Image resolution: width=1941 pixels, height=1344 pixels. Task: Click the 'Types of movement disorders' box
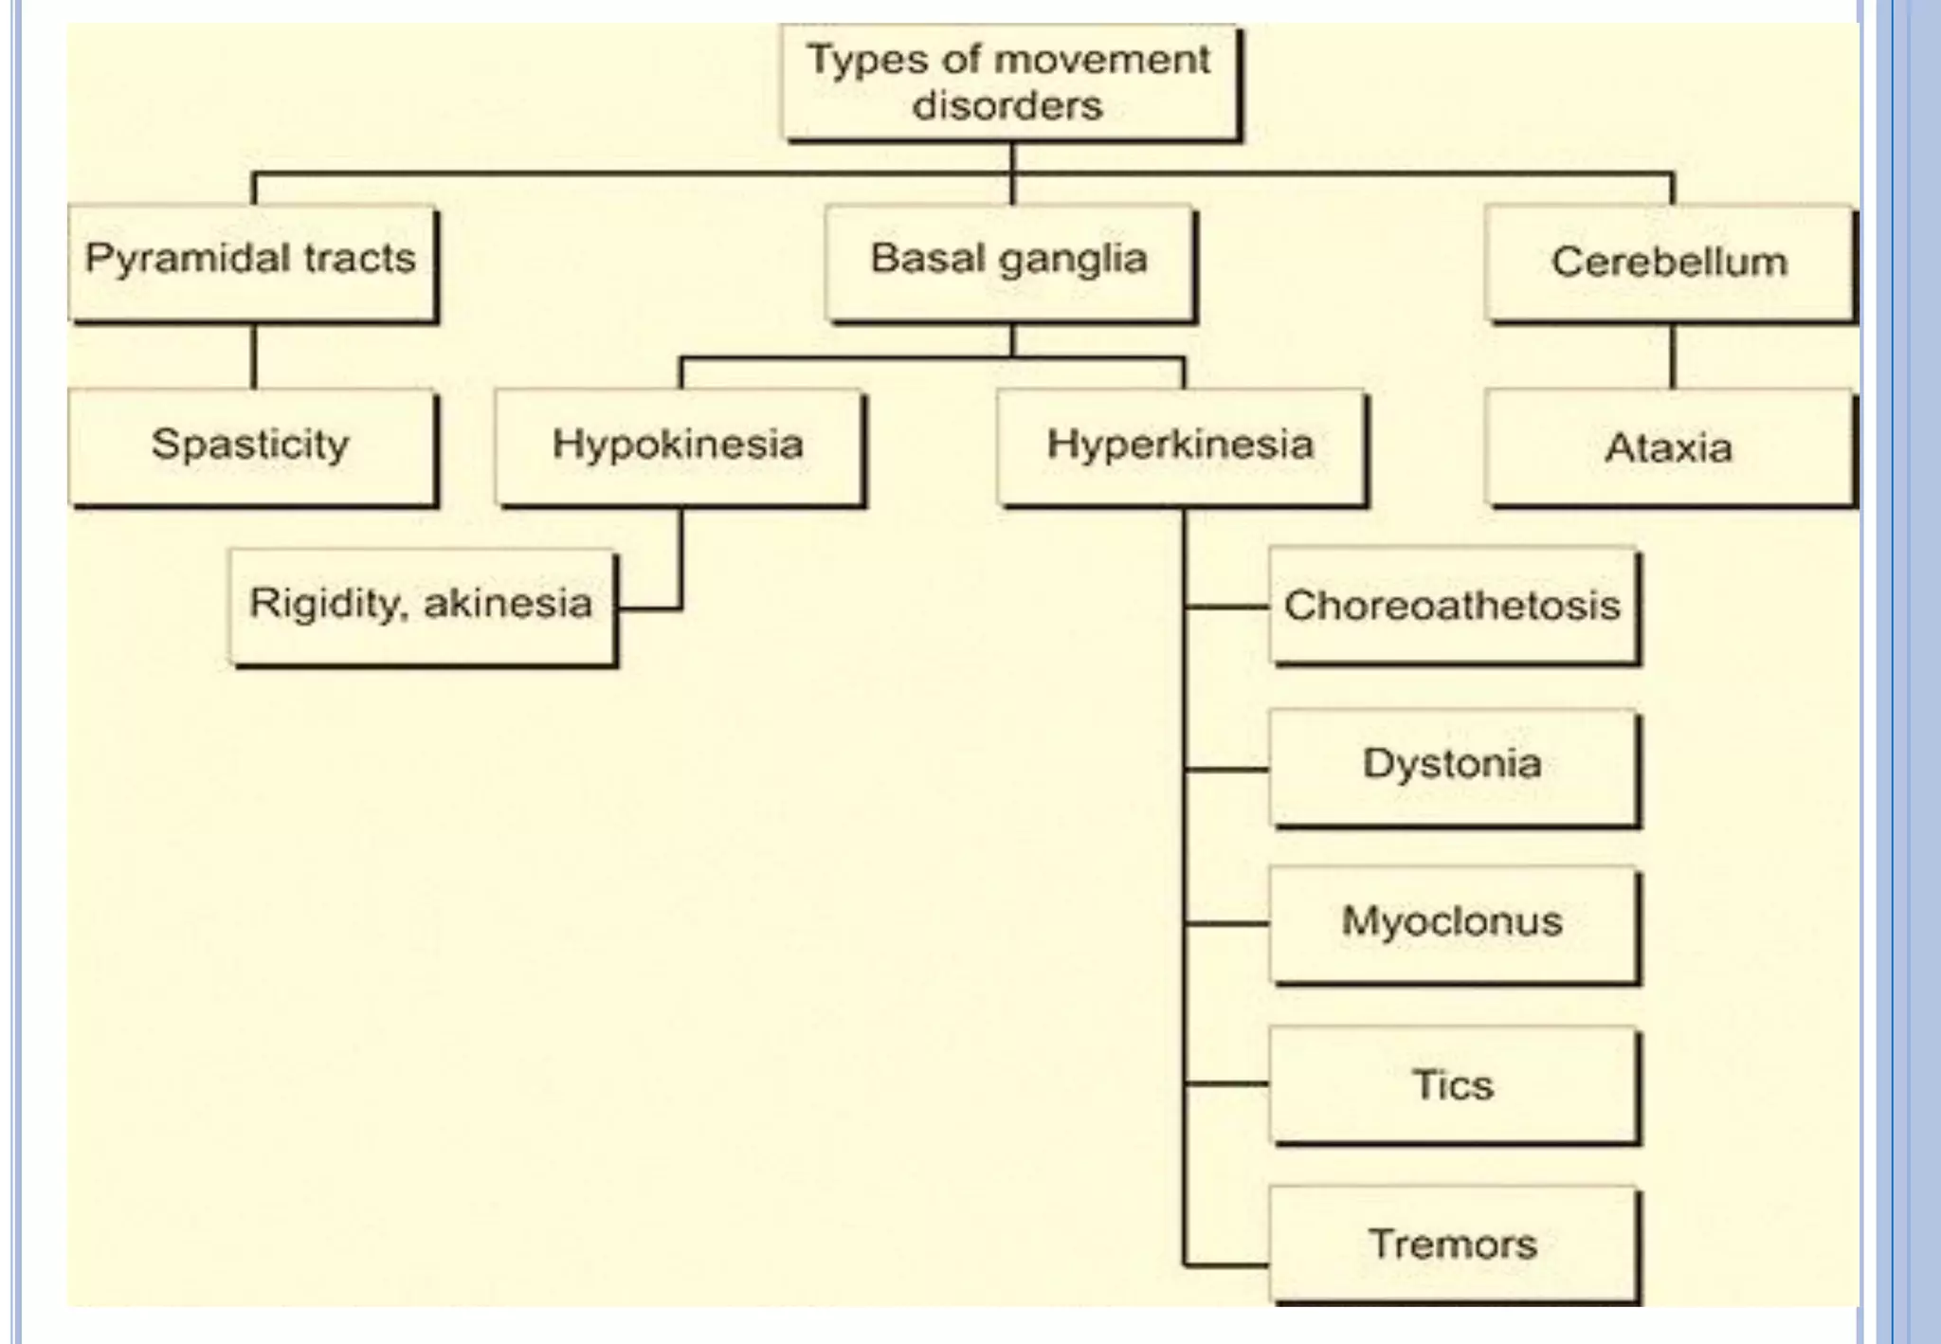point(1010,83)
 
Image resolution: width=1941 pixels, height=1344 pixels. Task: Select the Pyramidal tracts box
point(252,263)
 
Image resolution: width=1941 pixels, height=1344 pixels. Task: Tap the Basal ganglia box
point(1010,263)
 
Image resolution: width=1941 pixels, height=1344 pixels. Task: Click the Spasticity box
point(252,446)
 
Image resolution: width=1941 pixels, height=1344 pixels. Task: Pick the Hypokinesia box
point(679,446)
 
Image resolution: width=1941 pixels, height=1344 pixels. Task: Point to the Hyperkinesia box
point(1181,446)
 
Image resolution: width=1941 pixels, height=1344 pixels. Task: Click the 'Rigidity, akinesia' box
point(422,607)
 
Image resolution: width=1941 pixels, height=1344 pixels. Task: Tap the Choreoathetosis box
point(1454,607)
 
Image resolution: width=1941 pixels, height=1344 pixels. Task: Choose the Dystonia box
point(1454,766)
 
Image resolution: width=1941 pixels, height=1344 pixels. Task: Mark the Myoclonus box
point(1454,923)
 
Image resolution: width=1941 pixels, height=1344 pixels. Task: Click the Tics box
point(1454,1084)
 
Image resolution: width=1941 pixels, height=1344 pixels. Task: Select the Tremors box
point(1454,1244)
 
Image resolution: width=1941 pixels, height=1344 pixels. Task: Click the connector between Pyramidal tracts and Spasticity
point(253,356)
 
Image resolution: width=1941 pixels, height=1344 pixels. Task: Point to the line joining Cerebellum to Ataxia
point(1672,356)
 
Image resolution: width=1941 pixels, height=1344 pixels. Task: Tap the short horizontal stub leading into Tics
point(1227,1082)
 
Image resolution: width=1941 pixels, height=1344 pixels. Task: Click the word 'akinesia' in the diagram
point(507,604)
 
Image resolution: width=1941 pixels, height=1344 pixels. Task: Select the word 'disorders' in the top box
point(1007,106)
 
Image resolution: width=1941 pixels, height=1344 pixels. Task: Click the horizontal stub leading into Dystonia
point(1227,769)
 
